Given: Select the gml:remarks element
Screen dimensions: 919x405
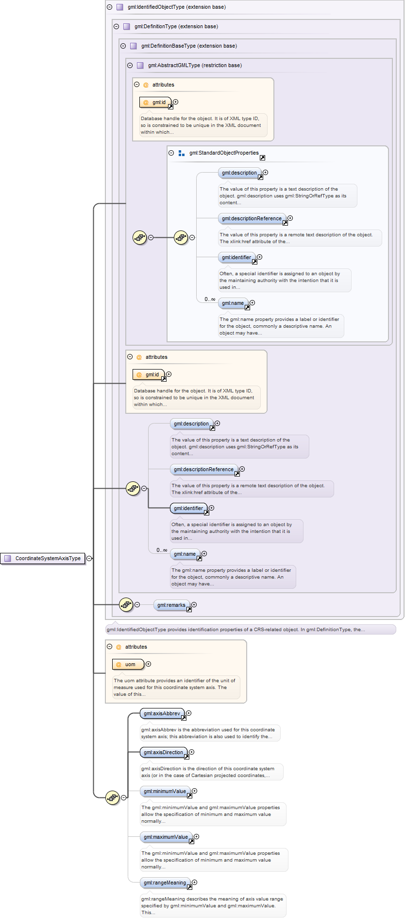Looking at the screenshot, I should [x=171, y=605].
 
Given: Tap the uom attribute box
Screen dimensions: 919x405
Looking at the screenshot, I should [x=128, y=664].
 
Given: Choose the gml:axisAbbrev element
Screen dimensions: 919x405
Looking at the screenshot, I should [x=162, y=713].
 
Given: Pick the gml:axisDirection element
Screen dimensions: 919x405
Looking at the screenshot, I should [x=163, y=752].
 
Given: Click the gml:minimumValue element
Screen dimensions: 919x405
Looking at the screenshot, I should [x=165, y=791].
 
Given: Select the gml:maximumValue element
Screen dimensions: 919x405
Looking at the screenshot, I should [x=166, y=837].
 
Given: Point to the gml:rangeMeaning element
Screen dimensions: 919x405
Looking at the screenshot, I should [x=165, y=883].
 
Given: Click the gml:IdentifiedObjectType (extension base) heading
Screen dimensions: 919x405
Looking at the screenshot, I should [x=176, y=7].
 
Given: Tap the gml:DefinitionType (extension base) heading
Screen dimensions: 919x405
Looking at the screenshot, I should [x=176, y=26].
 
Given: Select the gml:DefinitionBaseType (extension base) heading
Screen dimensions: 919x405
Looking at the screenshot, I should [x=189, y=46].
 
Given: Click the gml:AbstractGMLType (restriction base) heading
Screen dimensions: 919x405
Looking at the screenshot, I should [x=195, y=65].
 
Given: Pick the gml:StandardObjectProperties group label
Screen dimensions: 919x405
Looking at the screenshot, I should [x=224, y=153].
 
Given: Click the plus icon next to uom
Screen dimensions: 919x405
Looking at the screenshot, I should [x=148, y=664].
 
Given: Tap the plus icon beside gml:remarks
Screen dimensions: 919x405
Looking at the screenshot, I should [x=194, y=604].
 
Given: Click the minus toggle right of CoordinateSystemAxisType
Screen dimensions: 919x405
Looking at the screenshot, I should [x=89, y=558].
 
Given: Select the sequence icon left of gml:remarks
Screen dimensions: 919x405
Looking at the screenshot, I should [x=126, y=605].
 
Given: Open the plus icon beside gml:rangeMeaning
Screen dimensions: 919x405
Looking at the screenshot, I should [x=194, y=882].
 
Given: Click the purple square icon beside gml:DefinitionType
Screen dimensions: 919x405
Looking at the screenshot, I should [x=126, y=26].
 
